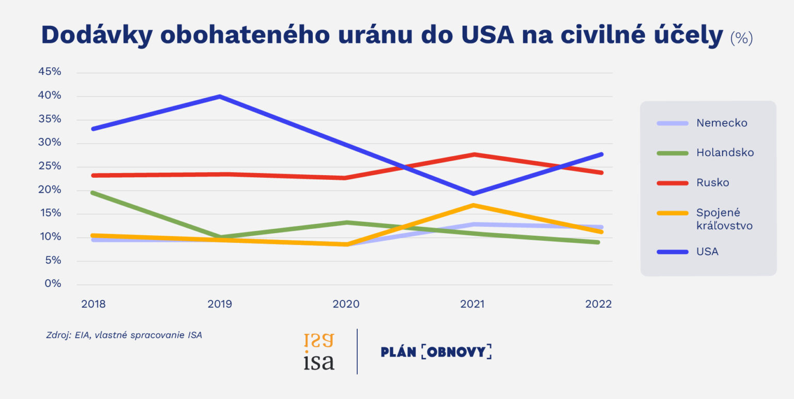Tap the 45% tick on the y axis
click(x=50, y=72)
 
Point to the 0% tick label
click(x=53, y=284)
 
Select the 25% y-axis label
click(x=50, y=166)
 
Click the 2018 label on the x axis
click(x=93, y=304)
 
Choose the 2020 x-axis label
click(x=346, y=304)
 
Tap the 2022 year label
click(x=599, y=304)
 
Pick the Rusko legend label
click(x=712, y=183)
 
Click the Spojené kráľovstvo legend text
click(x=724, y=219)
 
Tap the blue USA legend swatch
click(x=672, y=252)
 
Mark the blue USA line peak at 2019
click(x=220, y=96)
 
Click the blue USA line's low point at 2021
click(x=472, y=194)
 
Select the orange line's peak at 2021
click(x=472, y=205)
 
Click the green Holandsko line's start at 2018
click(x=93, y=192)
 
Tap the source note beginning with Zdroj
click(x=124, y=335)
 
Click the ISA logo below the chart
click(x=318, y=351)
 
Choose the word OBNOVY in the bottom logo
click(x=456, y=352)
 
